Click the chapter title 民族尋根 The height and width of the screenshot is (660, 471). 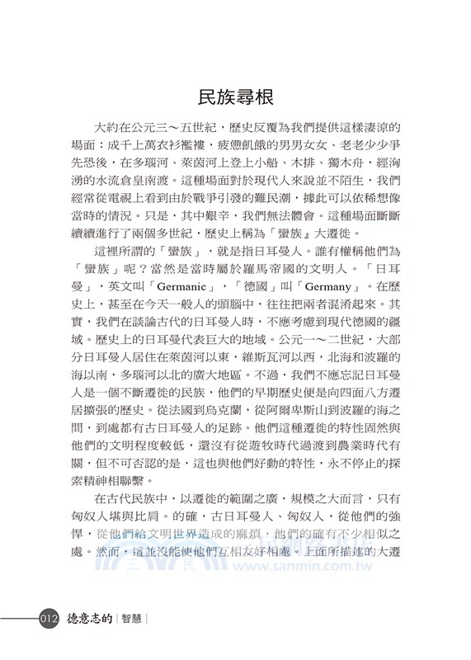pos(235,94)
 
